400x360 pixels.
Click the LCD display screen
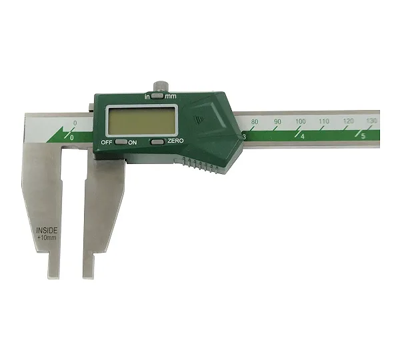(x=141, y=121)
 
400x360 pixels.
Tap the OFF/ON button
(x=121, y=142)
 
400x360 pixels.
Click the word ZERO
(x=175, y=141)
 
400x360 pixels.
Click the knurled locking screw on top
(x=161, y=86)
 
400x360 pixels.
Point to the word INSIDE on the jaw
(x=47, y=231)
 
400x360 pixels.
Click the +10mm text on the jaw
(x=47, y=238)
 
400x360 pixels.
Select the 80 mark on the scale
(x=255, y=122)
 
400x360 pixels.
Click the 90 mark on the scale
(x=277, y=121)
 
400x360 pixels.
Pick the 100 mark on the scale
(x=301, y=121)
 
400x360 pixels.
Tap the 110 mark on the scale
(x=324, y=121)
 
